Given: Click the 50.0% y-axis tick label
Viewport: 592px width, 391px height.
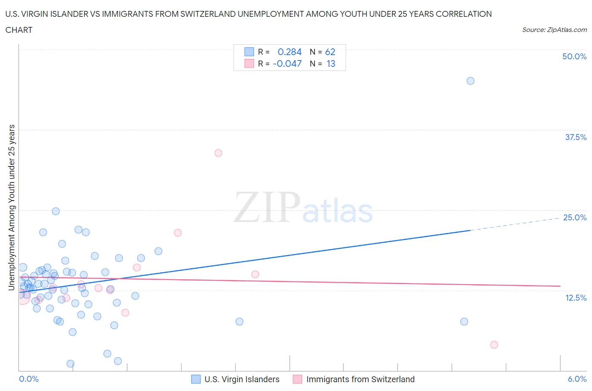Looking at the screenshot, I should point(574,56).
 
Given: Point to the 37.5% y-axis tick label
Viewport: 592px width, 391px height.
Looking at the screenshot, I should point(576,137).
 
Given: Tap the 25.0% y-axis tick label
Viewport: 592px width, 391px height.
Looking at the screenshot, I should point(575,217).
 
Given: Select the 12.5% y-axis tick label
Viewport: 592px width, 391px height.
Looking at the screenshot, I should point(576,298).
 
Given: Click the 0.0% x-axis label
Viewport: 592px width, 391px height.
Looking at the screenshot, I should point(29,379).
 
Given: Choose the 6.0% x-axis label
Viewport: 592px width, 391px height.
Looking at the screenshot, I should point(577,379).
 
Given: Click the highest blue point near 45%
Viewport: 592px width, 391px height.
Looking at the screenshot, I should point(470,81).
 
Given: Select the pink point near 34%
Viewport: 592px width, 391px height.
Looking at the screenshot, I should point(218,153).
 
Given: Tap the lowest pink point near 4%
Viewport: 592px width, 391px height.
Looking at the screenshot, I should point(494,345).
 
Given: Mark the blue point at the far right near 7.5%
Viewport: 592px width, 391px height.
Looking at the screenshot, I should point(464,322).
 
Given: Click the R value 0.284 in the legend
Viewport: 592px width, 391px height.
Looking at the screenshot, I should point(290,52).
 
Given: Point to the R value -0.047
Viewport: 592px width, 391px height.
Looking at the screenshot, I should point(287,63).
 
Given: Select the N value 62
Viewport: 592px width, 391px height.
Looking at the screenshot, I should point(330,52).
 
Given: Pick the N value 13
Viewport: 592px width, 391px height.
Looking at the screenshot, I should point(331,63).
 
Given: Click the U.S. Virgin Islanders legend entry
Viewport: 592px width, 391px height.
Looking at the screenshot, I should point(242,379).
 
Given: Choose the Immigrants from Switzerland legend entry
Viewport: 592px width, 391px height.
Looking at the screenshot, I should point(360,379).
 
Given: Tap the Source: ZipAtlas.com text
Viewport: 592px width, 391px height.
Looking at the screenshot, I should point(554,29).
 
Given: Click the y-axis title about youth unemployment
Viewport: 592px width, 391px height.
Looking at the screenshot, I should point(11,207).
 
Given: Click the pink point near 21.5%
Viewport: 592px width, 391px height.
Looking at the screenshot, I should point(178,233).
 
